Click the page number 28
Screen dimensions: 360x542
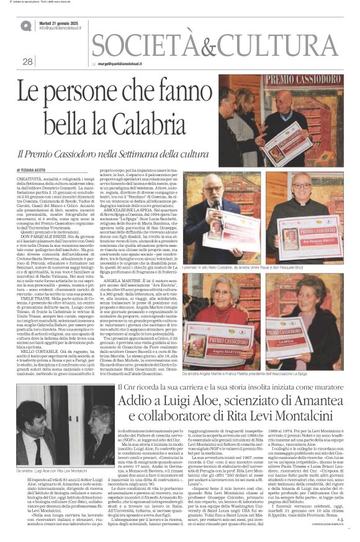pos(28,61)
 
